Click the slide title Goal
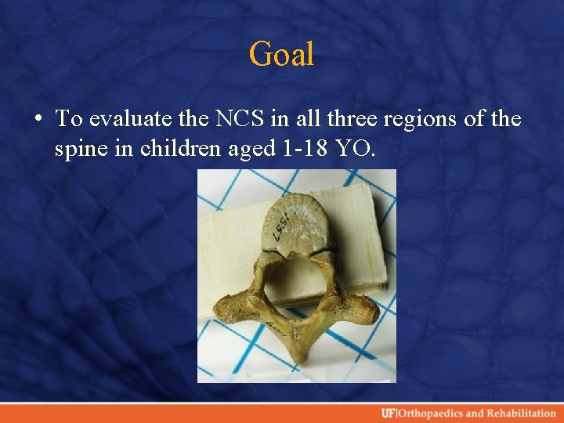pos(281,54)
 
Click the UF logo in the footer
pos(389,413)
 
